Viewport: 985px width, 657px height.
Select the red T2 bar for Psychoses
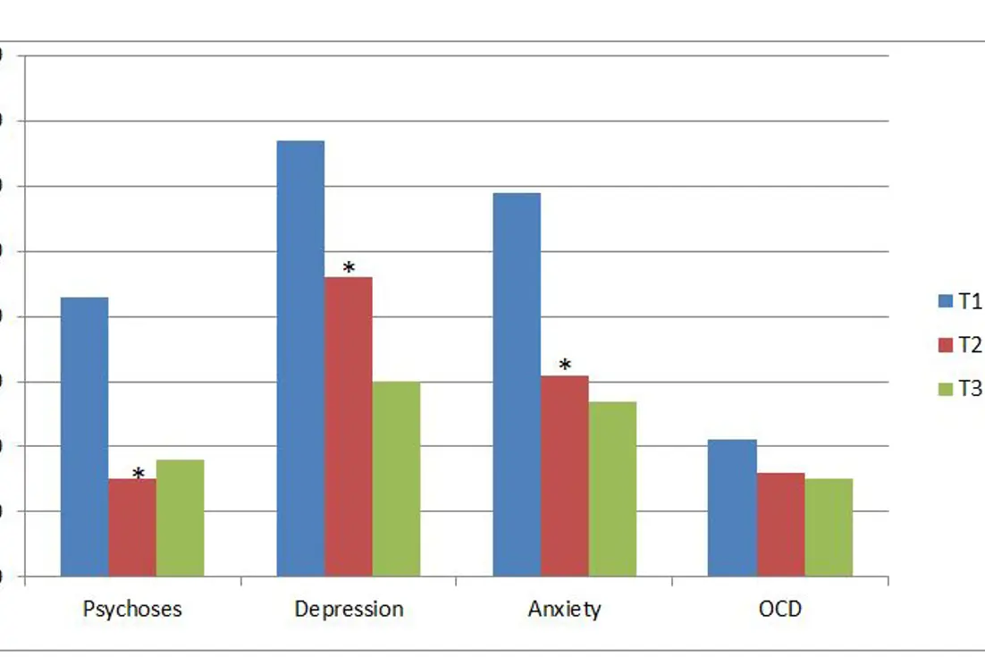(x=132, y=527)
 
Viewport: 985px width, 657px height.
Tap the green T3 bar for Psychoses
(x=180, y=518)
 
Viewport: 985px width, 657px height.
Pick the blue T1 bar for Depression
(x=300, y=358)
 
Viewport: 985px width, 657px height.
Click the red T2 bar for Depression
(x=349, y=426)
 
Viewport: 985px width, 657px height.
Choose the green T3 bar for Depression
(x=396, y=478)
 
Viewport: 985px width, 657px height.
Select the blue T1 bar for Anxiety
(x=517, y=384)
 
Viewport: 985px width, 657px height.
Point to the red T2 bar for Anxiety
(x=565, y=476)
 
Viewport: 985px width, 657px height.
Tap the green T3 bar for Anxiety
(x=612, y=488)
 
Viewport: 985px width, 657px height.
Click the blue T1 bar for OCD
(x=732, y=508)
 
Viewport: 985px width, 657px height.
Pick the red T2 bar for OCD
(x=780, y=524)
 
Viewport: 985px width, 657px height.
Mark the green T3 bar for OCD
(x=829, y=527)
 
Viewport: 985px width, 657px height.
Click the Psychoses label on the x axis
(x=132, y=610)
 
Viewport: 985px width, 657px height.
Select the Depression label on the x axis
(x=349, y=610)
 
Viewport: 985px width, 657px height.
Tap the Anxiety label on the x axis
(x=564, y=610)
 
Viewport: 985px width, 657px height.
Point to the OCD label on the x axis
(x=779, y=610)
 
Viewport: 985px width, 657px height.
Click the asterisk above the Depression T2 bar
(x=349, y=267)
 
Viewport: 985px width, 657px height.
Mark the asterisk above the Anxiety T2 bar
(x=565, y=366)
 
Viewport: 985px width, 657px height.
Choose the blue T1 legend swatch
(x=946, y=302)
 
